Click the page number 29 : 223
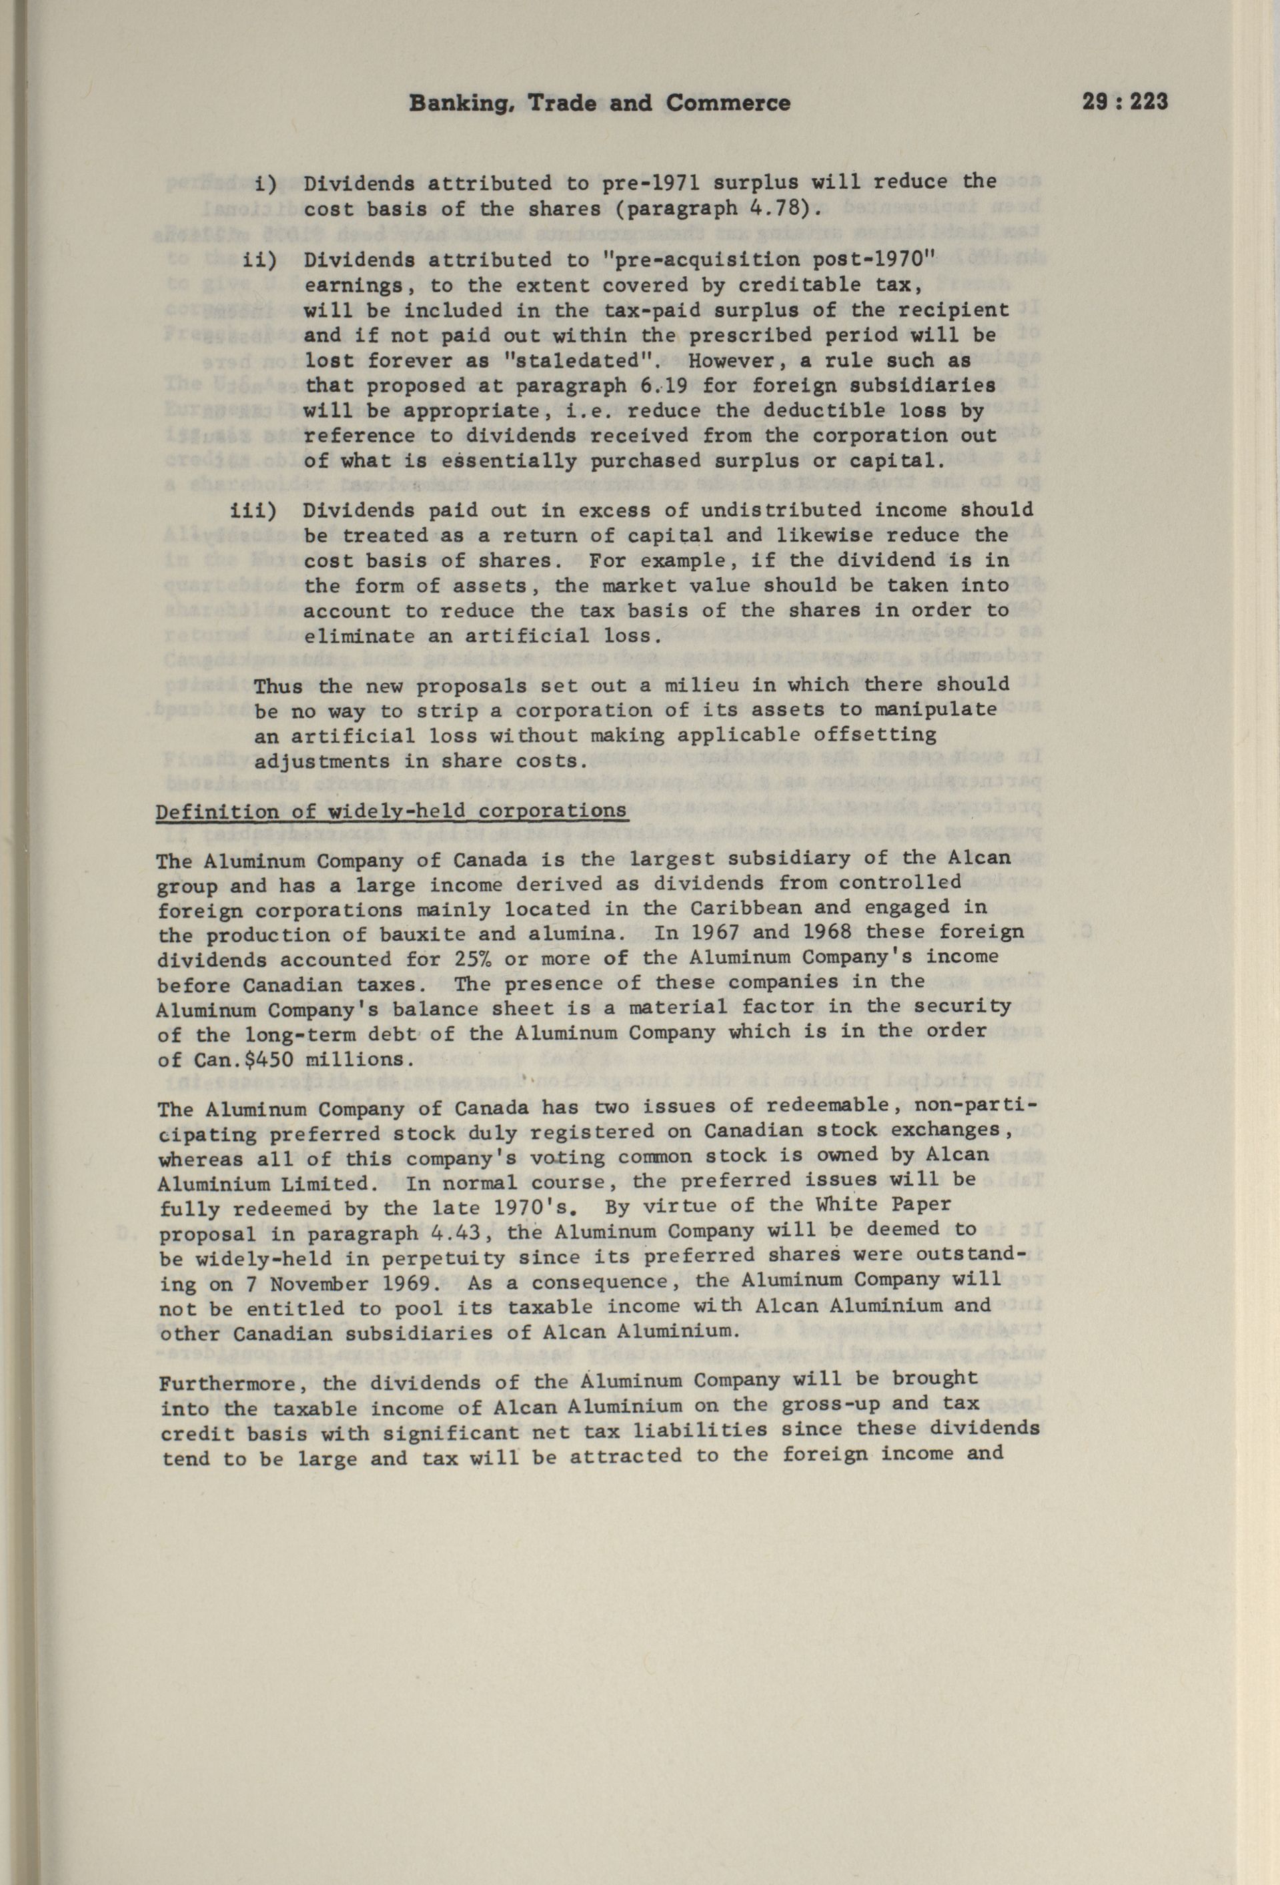[x=1125, y=103]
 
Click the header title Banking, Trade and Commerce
[x=599, y=103]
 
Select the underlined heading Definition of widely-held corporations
[x=391, y=812]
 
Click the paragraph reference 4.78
[x=776, y=208]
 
